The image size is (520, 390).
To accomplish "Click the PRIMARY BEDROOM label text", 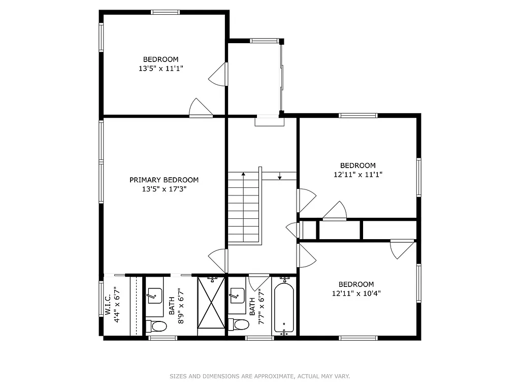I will [x=164, y=180].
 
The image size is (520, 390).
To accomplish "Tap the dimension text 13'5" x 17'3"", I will [x=164, y=189].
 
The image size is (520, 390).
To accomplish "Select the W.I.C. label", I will [x=108, y=305].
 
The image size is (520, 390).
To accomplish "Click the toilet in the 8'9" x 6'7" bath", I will [x=156, y=326].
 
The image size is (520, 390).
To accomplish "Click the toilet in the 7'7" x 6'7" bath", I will [x=238, y=324].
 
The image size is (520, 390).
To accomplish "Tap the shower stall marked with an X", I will [x=210, y=303].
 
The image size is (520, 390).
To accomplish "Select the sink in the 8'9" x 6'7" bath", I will [x=154, y=295].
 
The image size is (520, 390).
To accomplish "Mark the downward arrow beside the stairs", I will [x=280, y=177].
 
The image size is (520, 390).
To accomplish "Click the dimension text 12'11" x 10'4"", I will [x=356, y=294].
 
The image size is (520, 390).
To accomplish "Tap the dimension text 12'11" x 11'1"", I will [x=357, y=174].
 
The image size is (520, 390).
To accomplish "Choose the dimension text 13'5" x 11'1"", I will [x=160, y=68].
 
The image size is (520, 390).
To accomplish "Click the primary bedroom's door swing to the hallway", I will [x=218, y=261].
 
